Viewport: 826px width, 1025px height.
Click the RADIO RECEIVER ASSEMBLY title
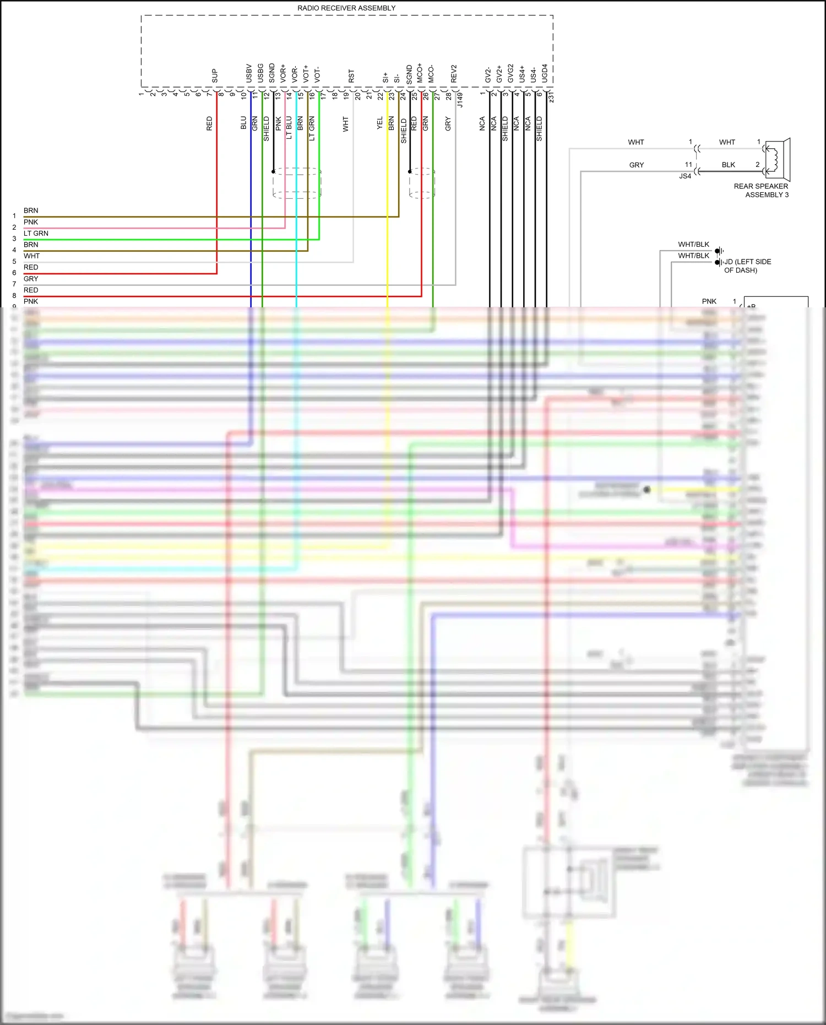pos(346,8)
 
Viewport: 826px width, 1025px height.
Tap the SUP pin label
pos(215,75)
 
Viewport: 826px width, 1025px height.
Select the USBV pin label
pos(249,73)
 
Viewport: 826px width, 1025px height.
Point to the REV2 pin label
pos(454,74)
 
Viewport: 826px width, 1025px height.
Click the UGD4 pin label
pos(545,73)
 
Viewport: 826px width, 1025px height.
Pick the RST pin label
pos(351,76)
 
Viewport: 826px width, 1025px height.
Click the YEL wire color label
pos(379,123)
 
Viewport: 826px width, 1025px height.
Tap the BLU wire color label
pos(243,123)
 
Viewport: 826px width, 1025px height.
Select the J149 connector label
pos(460,100)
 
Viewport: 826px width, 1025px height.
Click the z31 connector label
pos(551,97)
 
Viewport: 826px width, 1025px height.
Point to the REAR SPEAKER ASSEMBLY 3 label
pos(761,191)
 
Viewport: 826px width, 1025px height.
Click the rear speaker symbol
pos(778,160)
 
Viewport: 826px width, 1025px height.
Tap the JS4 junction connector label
pos(685,176)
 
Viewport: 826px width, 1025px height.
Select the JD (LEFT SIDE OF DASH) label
pos(747,266)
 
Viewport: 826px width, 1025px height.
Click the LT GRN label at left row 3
pos(36,234)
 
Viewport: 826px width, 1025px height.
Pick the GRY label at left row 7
pos(31,279)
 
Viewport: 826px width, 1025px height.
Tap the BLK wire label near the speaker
pos(728,165)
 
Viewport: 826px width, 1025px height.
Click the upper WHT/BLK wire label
pos(693,245)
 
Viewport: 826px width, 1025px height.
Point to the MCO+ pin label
pos(420,73)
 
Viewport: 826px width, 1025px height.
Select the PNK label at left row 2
pos(31,222)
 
